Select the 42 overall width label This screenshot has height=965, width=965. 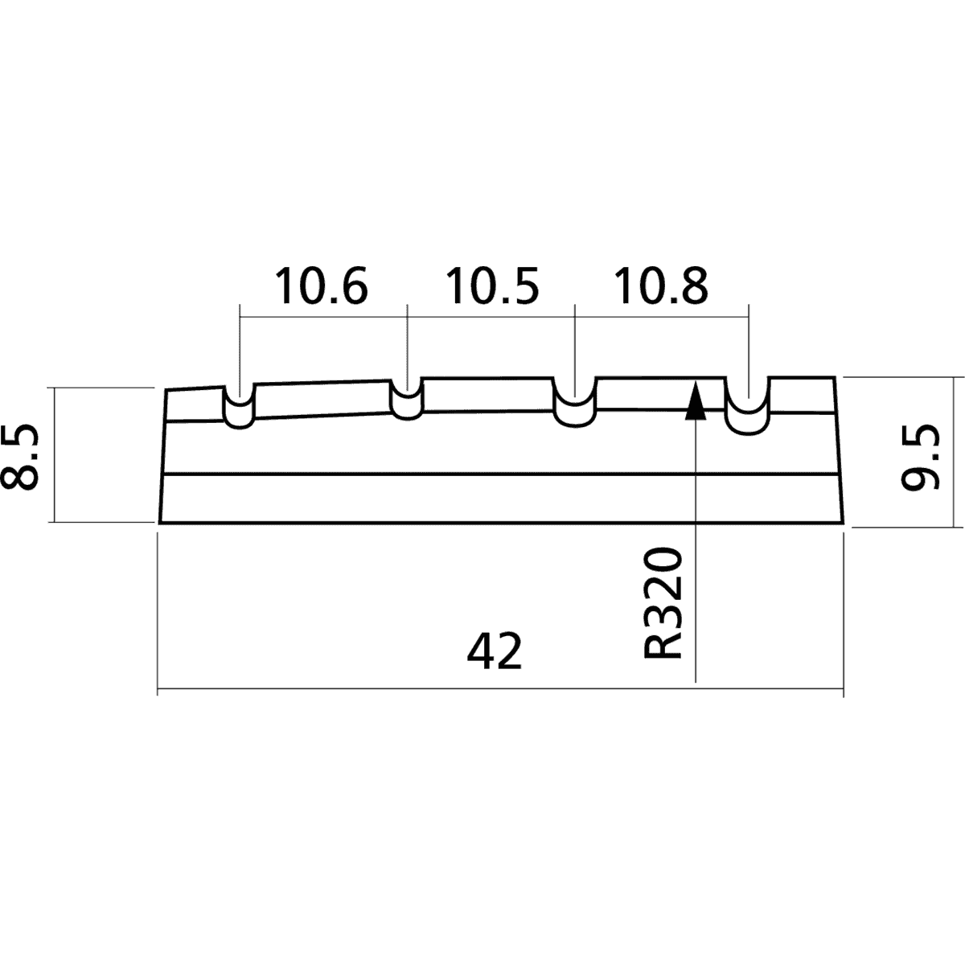(x=495, y=651)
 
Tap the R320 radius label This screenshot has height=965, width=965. (x=663, y=602)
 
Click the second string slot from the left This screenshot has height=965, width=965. (x=407, y=399)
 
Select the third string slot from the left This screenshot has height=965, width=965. (x=575, y=402)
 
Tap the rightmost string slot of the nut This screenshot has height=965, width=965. (x=747, y=405)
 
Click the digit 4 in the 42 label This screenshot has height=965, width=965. (x=480, y=651)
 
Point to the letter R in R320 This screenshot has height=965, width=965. (x=663, y=645)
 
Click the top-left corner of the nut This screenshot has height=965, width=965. (x=166, y=390)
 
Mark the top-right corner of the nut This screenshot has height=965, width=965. (x=834, y=376)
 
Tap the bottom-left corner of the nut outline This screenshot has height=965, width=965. (x=159, y=524)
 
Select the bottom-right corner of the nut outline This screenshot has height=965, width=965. (x=844, y=524)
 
